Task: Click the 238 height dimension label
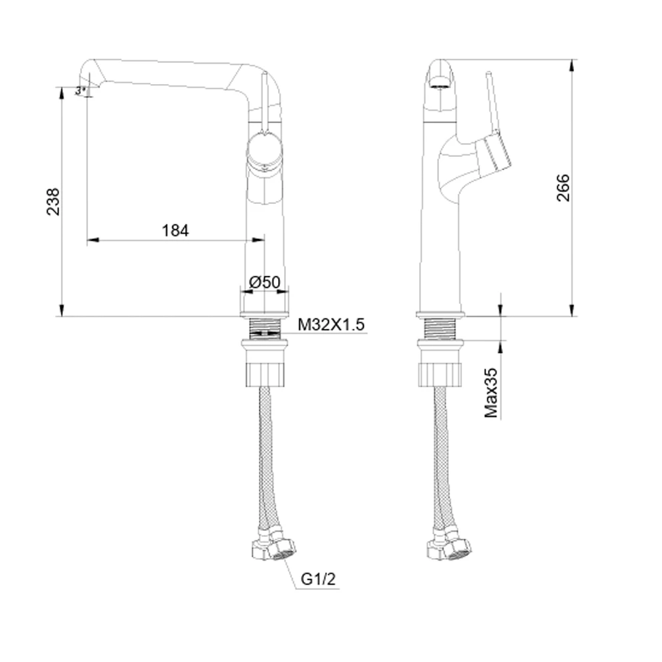click(53, 202)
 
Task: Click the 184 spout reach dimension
click(175, 230)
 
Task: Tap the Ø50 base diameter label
click(265, 282)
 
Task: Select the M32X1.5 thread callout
click(330, 324)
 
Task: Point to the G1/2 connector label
click(318, 579)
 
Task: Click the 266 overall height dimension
click(563, 187)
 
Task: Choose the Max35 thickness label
click(491, 393)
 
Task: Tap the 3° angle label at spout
click(80, 90)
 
